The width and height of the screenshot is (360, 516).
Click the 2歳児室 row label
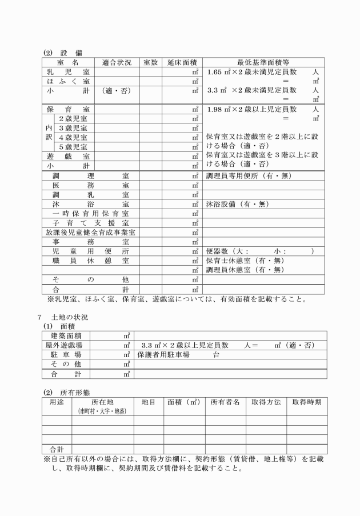(x=73, y=118)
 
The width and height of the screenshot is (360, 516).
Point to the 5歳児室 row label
(x=73, y=146)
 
